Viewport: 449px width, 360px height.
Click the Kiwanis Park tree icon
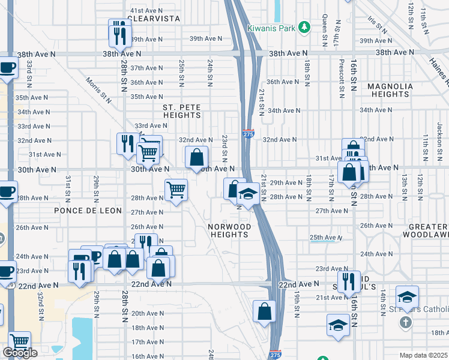tap(305, 28)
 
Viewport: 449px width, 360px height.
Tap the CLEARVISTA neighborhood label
tap(155, 19)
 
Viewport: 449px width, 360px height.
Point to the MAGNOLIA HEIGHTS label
tap(390, 90)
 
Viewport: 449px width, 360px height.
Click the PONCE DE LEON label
tap(88, 211)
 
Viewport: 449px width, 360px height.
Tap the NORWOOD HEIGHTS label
tap(229, 230)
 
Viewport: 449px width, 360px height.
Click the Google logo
tap(20, 353)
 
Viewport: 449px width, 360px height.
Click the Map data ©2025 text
tap(424, 355)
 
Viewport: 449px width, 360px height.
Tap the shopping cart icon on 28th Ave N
tap(176, 190)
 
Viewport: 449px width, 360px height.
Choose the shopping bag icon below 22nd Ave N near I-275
tap(264, 311)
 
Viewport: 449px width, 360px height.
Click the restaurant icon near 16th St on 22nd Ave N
tap(348, 280)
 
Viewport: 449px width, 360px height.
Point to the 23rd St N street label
tap(224, 147)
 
